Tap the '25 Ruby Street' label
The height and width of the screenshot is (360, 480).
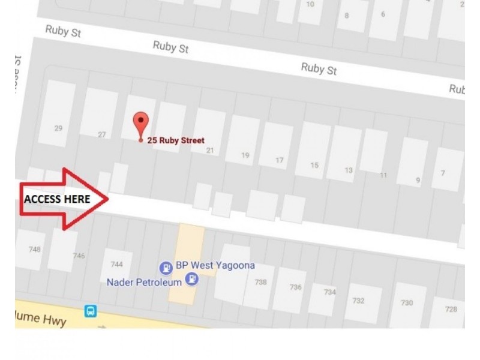pyautogui.click(x=176, y=140)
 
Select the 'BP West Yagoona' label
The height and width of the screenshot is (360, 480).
pyautogui.click(x=215, y=265)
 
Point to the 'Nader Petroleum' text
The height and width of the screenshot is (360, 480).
pyautogui.click(x=145, y=281)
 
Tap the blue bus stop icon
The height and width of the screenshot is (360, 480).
pyautogui.click(x=90, y=311)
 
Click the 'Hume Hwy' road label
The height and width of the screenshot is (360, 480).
pyautogui.click(x=42, y=317)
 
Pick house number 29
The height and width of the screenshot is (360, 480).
pyautogui.click(x=58, y=128)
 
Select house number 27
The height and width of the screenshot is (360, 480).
pyautogui.click(x=101, y=135)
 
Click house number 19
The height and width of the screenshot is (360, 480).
pyautogui.click(x=245, y=155)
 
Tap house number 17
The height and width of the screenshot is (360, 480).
pyautogui.click(x=280, y=160)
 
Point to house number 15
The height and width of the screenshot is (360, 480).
pyautogui.click(x=314, y=166)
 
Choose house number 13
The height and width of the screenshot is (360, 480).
pyautogui.click(x=349, y=170)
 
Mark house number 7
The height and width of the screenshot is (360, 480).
pyautogui.click(x=443, y=173)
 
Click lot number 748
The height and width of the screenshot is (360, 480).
pyautogui.click(x=35, y=249)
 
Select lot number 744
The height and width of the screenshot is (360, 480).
pyautogui.click(x=116, y=264)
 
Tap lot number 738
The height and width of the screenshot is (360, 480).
pyautogui.click(x=260, y=282)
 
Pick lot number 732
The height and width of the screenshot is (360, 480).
pyautogui.click(x=358, y=301)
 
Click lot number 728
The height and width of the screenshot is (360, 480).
pyautogui.click(x=451, y=309)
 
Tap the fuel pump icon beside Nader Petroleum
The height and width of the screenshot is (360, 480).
pyautogui.click(x=192, y=278)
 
